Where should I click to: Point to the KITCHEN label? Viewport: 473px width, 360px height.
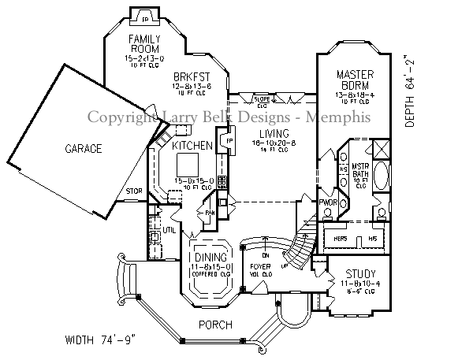(192, 146)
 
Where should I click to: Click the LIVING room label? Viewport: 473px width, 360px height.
(270, 133)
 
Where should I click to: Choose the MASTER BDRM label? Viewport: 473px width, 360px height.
(354, 80)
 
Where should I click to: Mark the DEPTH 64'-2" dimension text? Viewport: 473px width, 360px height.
(409, 91)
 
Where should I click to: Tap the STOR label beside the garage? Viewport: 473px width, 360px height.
(133, 191)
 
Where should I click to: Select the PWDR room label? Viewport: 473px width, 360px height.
(328, 202)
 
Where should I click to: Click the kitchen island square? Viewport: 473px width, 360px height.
(187, 165)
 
